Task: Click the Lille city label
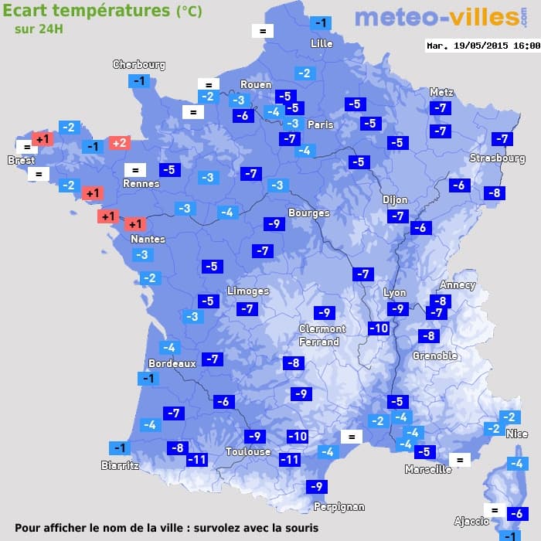pos(322,43)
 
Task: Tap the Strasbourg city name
pos(498,158)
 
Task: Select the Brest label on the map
pos(22,161)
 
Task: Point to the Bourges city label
pos(308,213)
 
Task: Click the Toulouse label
pos(248,451)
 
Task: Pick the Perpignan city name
pos(339,507)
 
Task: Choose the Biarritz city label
pos(120,465)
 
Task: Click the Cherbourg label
pos(139,65)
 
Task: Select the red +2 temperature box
pos(120,143)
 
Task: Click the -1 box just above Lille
pos(321,23)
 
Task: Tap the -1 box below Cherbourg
pos(139,81)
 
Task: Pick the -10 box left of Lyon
pos(379,328)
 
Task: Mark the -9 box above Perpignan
pos(315,487)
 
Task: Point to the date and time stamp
pos(483,46)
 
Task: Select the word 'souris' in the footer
pos(298,528)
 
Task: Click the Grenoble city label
pos(435,356)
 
